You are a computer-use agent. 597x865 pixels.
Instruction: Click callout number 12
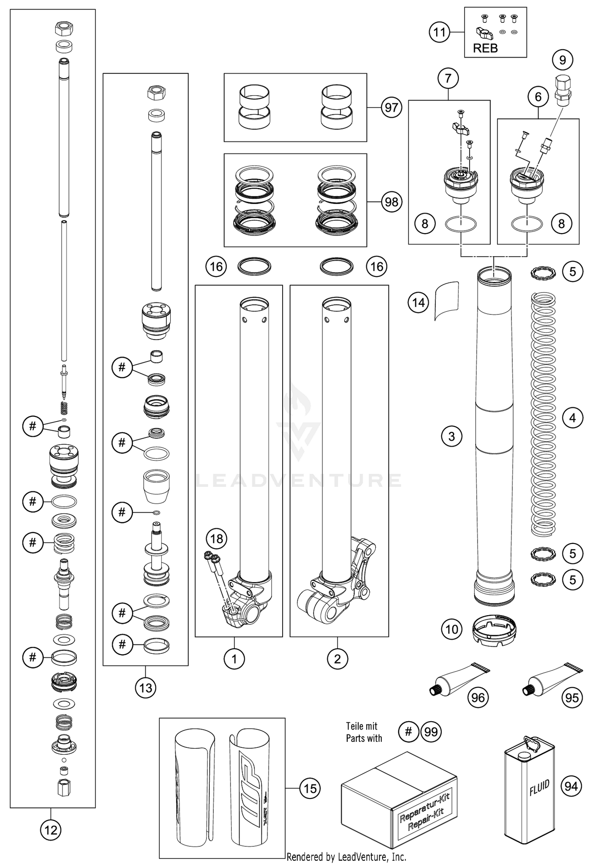pos(51,830)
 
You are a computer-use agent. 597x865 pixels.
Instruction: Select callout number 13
pos(146,688)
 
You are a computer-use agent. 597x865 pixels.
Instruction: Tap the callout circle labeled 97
pos(391,108)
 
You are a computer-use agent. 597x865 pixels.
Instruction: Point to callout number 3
pos(451,436)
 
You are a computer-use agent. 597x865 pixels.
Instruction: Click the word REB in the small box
pos(485,49)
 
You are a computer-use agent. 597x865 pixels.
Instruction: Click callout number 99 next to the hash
pos(431,732)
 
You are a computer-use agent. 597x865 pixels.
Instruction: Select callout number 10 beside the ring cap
pos(452,630)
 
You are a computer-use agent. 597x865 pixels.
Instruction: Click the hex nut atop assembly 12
pos(63,29)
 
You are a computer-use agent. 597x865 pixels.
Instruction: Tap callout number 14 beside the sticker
pos(418,303)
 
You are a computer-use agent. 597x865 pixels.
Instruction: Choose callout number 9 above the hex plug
pos(562,60)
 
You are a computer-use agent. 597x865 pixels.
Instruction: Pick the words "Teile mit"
pos(361,726)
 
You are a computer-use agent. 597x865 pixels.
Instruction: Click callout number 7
pos(448,78)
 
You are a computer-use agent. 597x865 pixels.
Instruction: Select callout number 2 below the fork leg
pos(337,659)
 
